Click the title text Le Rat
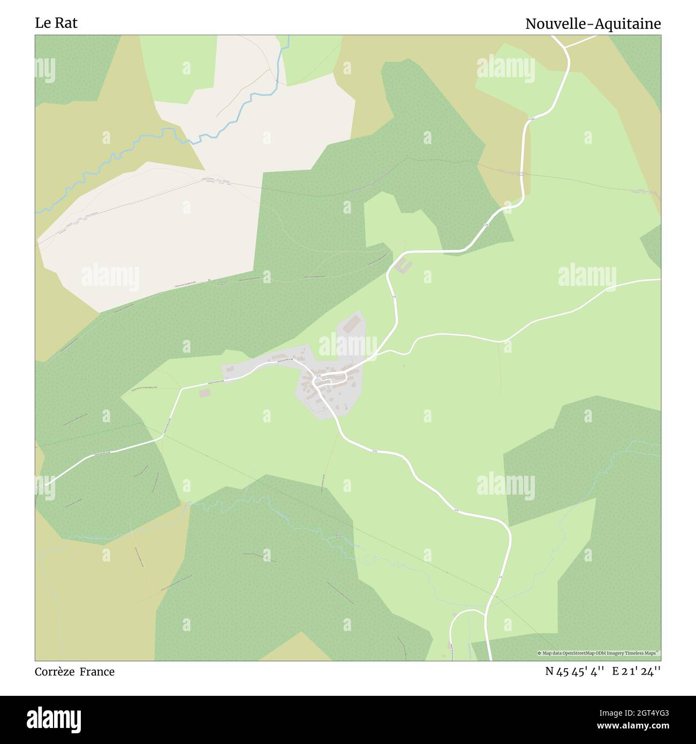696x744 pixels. (x=56, y=23)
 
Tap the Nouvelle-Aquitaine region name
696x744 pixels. (x=593, y=24)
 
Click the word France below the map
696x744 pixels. (x=97, y=672)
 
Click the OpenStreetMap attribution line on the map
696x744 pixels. (x=599, y=653)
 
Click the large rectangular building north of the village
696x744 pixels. (x=352, y=323)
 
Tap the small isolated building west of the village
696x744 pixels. (x=205, y=393)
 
